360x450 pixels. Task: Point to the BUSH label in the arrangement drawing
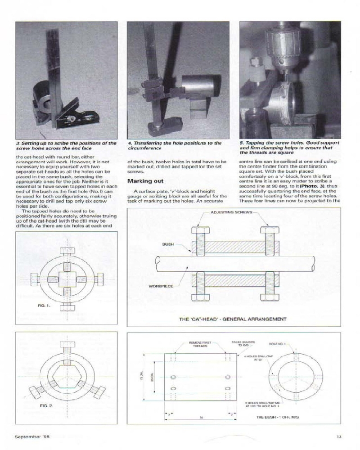168,244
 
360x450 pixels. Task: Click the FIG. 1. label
46,306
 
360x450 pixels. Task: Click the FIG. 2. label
46,405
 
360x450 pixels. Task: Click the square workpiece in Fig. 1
66,276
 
